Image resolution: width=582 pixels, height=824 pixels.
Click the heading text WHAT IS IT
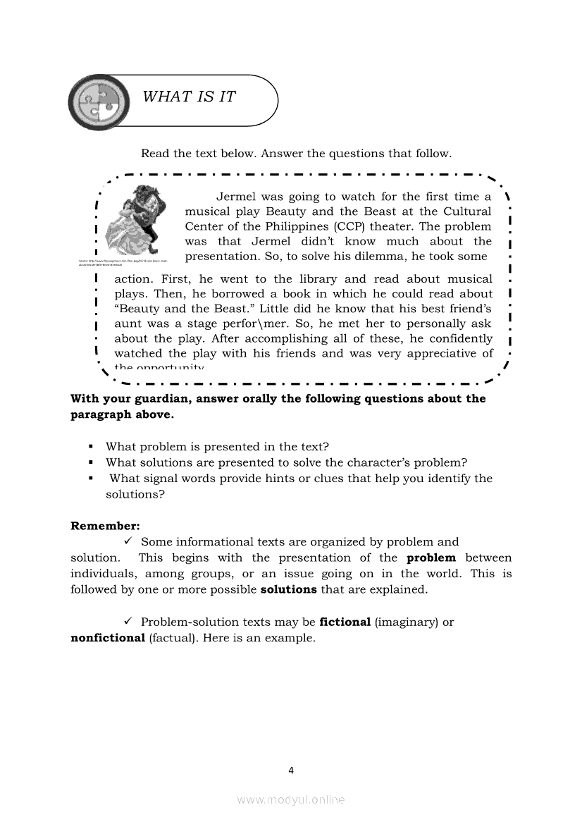[x=189, y=97]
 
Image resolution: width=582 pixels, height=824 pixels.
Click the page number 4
[x=291, y=770]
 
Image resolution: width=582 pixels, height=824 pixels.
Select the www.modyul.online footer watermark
[x=291, y=799]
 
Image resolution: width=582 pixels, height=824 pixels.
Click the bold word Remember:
[x=105, y=526]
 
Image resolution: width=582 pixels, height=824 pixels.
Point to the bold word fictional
[x=345, y=622]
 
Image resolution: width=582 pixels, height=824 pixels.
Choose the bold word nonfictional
[x=107, y=638]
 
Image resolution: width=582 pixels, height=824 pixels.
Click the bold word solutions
[x=290, y=589]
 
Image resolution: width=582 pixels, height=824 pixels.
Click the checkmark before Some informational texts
[x=129, y=541]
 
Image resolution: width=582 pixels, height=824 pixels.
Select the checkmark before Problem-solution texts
[x=129, y=622]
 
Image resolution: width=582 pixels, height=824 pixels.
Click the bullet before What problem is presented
[x=91, y=447]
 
